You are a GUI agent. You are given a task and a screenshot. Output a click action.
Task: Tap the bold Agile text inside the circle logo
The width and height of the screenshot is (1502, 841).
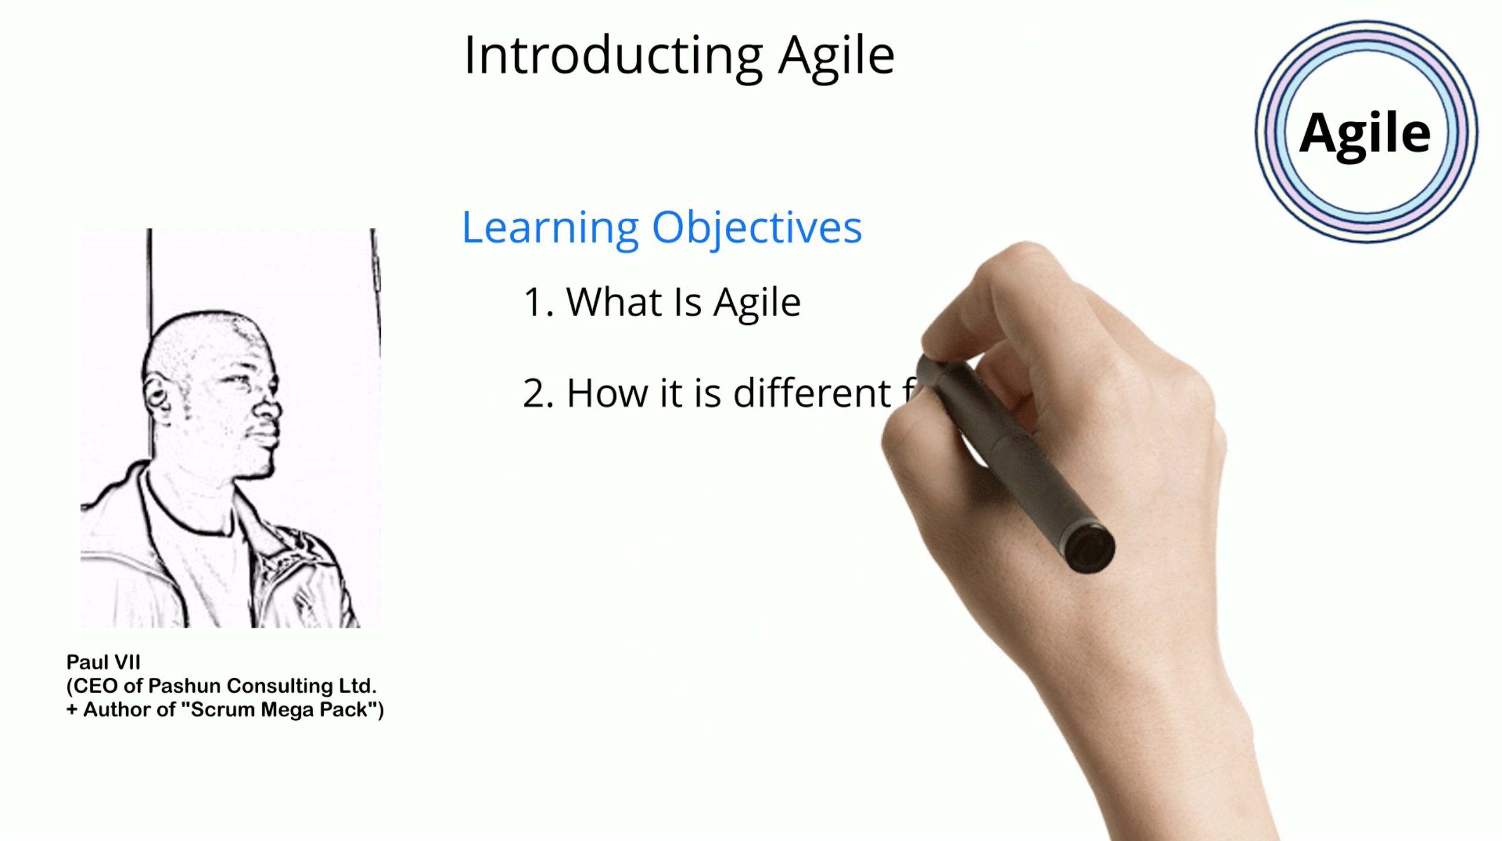point(1365,134)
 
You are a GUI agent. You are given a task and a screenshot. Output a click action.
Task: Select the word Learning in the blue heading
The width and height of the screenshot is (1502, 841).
point(550,228)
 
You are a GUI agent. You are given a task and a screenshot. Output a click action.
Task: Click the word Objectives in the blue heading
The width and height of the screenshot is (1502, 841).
point(756,228)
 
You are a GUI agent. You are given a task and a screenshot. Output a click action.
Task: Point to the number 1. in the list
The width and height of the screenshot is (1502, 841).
point(538,303)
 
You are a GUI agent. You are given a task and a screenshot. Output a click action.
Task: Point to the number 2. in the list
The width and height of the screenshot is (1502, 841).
point(538,394)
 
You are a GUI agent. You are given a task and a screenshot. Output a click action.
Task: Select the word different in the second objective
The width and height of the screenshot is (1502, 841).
point(813,393)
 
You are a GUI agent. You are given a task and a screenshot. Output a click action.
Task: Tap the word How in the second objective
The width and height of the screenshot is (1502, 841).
point(607,394)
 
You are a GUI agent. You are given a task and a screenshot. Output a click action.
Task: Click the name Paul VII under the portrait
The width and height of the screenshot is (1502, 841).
point(103,662)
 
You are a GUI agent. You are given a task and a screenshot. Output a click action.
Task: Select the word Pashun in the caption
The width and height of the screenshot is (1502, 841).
point(184,686)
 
